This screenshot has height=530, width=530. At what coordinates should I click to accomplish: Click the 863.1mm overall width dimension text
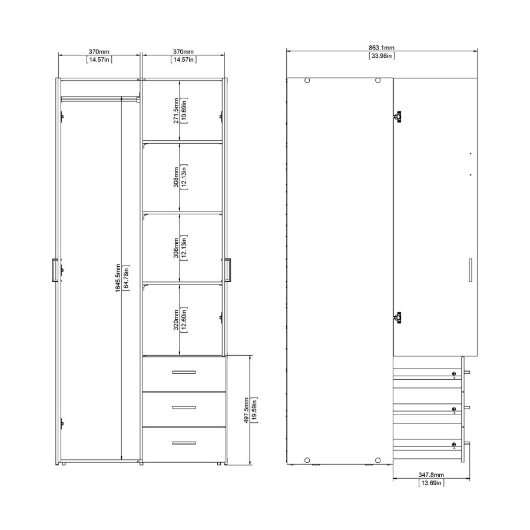click(382, 48)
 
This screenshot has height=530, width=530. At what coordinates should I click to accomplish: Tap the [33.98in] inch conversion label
click(382, 56)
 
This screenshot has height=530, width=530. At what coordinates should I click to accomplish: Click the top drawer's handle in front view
click(183, 372)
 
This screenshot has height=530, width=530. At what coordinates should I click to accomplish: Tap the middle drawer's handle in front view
click(183, 408)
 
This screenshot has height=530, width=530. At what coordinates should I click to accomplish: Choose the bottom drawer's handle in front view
click(183, 443)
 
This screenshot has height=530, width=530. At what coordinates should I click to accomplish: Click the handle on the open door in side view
click(470, 270)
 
